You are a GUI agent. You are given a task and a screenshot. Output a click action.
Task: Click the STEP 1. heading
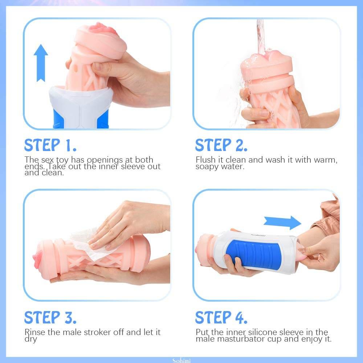coord(50,145)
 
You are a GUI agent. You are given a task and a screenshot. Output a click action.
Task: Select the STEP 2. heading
coord(221,145)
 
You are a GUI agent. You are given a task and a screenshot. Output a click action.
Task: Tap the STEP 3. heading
coord(50,317)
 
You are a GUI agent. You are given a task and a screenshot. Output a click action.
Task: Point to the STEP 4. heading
coord(221,317)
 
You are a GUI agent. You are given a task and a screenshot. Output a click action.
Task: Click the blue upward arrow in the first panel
coord(41,63)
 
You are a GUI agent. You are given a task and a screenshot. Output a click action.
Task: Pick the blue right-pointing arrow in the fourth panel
coord(282,222)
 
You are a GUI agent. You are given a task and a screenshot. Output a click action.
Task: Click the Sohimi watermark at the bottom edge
coord(181,360)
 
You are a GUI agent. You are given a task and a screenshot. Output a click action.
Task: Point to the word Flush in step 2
coord(205,160)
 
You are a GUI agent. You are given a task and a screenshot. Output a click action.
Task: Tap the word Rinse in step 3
coord(35,332)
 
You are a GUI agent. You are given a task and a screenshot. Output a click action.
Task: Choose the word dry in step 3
coord(31,339)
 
